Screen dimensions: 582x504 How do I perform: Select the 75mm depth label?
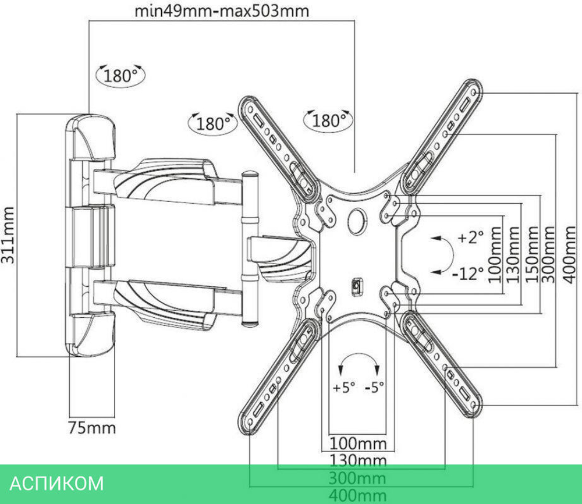[x=92, y=428]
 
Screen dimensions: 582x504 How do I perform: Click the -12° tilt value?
[x=468, y=272]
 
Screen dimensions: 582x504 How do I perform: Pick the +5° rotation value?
[x=343, y=386]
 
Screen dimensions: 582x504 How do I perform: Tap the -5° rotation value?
[x=374, y=386]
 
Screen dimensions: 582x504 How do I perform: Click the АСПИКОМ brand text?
[x=57, y=484]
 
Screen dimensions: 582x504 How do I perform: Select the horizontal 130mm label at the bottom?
[x=358, y=461]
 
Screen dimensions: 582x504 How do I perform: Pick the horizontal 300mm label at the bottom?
[x=358, y=478]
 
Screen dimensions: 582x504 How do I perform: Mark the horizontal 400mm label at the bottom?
[x=358, y=495]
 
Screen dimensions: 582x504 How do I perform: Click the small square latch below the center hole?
[x=357, y=286]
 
